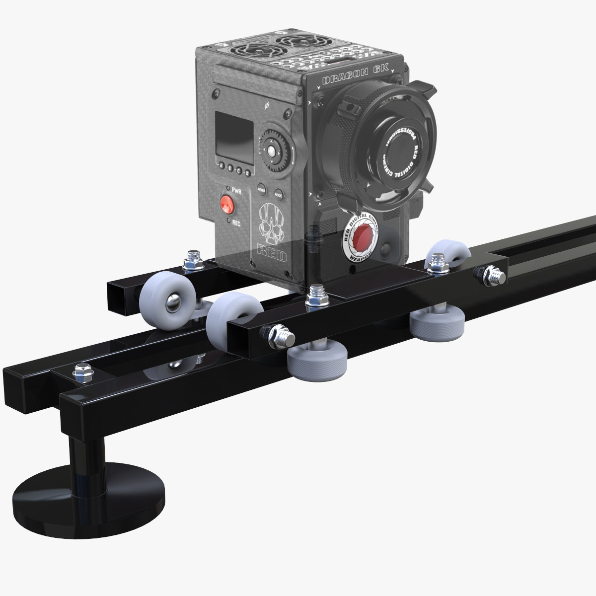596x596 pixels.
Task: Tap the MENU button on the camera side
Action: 261,189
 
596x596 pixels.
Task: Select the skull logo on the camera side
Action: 271,222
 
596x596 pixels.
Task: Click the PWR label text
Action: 236,191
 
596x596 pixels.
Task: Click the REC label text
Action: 236,223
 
